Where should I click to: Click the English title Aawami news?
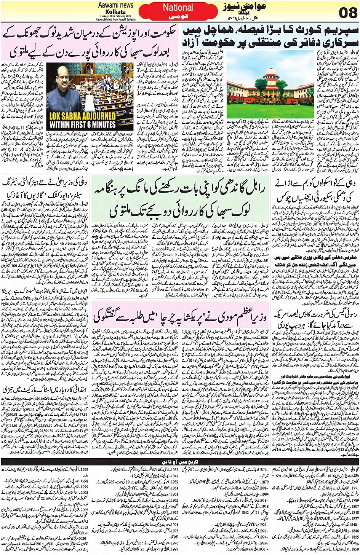pos(115,5)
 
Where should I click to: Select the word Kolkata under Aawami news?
pos(115,12)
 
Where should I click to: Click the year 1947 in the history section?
pos(174,476)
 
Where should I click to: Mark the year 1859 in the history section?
pos(354,549)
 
